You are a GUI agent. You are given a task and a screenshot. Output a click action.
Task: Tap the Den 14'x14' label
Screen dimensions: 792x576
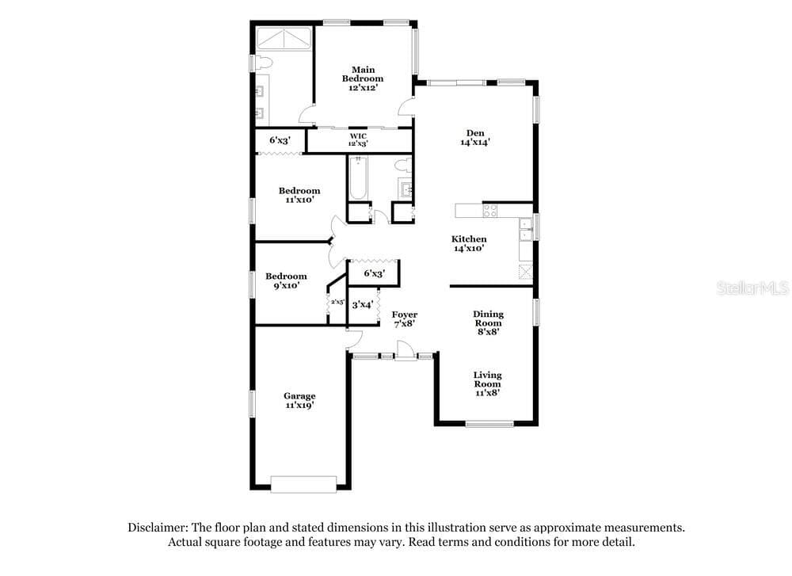point(475,137)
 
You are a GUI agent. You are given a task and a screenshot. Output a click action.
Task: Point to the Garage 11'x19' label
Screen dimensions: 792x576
point(299,401)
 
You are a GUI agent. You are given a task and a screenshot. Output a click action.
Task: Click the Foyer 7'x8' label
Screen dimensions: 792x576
point(405,319)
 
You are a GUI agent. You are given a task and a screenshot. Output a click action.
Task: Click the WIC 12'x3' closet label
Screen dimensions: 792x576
point(358,140)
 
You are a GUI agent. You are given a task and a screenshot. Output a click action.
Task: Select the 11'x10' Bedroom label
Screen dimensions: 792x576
point(299,195)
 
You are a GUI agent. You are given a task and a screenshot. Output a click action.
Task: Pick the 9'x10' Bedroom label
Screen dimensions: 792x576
point(287,281)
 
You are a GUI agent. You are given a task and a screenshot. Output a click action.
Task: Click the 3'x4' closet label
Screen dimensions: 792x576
point(363,305)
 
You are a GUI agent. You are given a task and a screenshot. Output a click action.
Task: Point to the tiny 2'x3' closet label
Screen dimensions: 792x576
point(337,302)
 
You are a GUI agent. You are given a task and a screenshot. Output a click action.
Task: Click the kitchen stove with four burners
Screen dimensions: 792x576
point(490,210)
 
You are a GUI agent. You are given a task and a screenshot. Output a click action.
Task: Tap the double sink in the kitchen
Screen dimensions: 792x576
point(526,229)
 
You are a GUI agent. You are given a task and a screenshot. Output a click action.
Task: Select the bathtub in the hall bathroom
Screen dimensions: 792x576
point(358,177)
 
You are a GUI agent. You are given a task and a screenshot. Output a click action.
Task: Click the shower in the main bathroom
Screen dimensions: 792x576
point(284,39)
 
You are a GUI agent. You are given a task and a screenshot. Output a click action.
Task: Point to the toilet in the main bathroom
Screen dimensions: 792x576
point(264,63)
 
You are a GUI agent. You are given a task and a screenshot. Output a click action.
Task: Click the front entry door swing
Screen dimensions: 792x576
point(405,350)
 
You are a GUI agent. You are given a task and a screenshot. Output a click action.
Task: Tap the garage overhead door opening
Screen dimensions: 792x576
point(303,484)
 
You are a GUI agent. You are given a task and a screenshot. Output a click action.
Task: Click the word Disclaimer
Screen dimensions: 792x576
point(158,528)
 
